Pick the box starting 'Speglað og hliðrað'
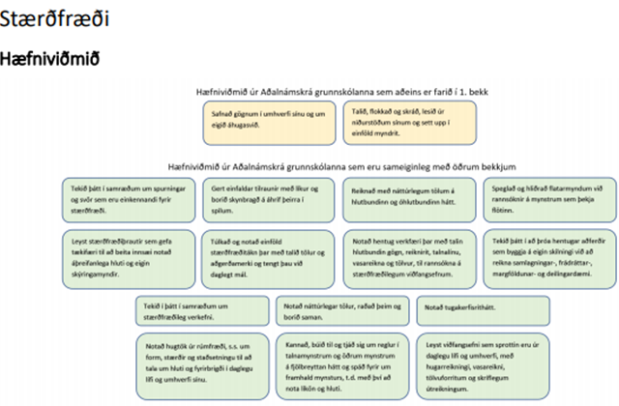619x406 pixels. pyautogui.click(x=546, y=196)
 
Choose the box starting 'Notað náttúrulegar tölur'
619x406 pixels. pyautogui.click(x=338, y=310)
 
